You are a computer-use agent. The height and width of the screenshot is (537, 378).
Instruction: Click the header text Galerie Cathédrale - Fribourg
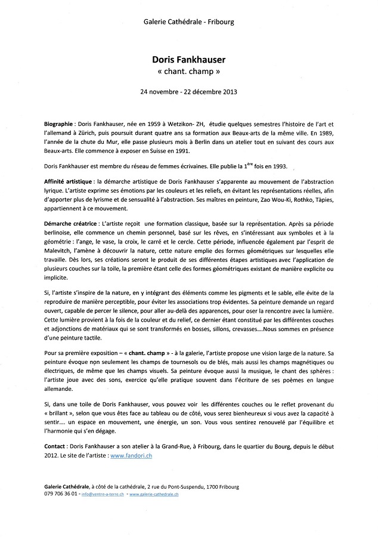tap(189, 22)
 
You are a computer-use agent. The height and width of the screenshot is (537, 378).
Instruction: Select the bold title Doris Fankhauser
tap(189, 60)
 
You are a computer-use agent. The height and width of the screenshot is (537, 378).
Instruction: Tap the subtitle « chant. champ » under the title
tap(189, 73)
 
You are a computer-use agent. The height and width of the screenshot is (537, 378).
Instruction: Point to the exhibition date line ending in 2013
tap(189, 92)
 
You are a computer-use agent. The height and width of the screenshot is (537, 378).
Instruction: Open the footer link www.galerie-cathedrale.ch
tap(154, 495)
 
